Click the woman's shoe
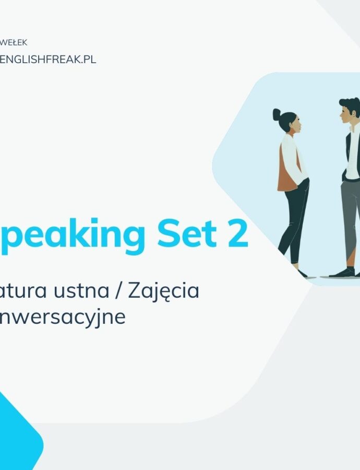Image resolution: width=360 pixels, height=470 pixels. tap(302, 273)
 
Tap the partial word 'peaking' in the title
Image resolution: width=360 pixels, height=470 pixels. tap(73, 236)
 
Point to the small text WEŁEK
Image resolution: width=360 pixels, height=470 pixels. tap(15, 43)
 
